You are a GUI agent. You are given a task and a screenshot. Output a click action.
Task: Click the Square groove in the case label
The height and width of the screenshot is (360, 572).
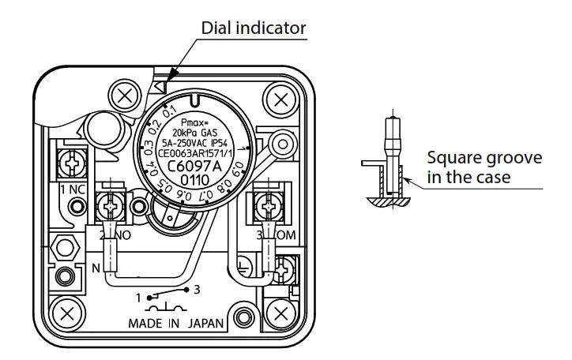click(484, 168)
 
